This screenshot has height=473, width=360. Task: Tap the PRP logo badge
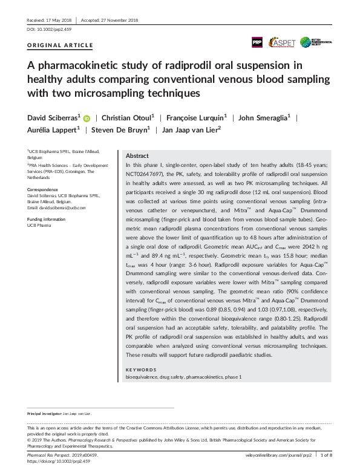click(x=257, y=42)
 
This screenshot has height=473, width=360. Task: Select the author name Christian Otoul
click(x=126, y=118)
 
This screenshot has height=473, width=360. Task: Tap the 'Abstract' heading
click(x=137, y=155)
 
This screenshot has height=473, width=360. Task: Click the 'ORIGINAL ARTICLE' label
click(x=61, y=45)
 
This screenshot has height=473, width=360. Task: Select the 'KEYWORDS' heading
click(x=141, y=369)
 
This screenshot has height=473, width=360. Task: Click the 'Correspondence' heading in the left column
click(x=42, y=189)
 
